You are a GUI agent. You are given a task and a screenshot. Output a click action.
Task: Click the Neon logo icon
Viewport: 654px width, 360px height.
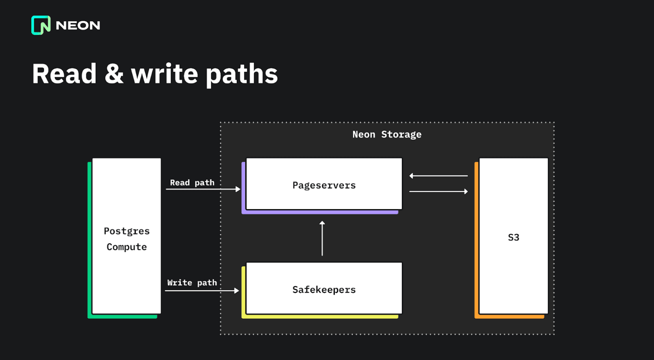click(x=41, y=25)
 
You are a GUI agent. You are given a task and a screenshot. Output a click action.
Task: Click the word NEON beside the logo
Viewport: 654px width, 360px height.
click(x=78, y=26)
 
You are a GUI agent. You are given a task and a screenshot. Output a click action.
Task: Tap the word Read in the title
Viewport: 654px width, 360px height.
click(x=64, y=74)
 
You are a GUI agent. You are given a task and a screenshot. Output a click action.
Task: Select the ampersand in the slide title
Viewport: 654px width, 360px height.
click(x=114, y=74)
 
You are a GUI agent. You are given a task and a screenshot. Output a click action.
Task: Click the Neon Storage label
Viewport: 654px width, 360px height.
click(x=386, y=134)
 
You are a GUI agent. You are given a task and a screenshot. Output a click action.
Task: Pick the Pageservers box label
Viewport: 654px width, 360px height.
click(x=324, y=185)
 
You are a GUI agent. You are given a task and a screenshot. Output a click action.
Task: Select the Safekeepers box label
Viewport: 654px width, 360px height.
click(x=324, y=289)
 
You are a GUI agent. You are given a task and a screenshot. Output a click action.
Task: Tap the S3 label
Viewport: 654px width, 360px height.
click(x=513, y=237)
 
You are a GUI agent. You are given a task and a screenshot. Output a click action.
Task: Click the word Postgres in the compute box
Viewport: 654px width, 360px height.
click(x=126, y=231)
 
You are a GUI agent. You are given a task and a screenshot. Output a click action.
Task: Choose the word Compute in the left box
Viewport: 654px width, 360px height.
click(x=126, y=247)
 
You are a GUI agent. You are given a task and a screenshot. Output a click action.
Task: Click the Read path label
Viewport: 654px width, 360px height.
click(x=192, y=182)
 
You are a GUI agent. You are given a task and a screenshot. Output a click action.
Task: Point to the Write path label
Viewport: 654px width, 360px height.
click(x=192, y=282)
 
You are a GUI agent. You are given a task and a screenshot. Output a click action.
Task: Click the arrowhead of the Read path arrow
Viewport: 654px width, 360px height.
click(x=238, y=189)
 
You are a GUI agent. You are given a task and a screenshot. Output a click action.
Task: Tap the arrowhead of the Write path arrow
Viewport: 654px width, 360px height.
click(x=236, y=291)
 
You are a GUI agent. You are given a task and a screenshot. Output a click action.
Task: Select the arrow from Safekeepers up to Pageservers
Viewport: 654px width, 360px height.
click(x=322, y=238)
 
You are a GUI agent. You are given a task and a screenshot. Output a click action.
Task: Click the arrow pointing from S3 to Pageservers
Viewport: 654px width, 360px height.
click(x=438, y=176)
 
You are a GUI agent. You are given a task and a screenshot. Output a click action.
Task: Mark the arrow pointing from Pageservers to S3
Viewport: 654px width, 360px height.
click(x=438, y=191)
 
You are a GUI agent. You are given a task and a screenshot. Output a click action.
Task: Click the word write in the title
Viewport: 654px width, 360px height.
click(x=164, y=74)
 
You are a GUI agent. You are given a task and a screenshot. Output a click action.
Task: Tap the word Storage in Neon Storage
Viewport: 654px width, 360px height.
click(x=401, y=134)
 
